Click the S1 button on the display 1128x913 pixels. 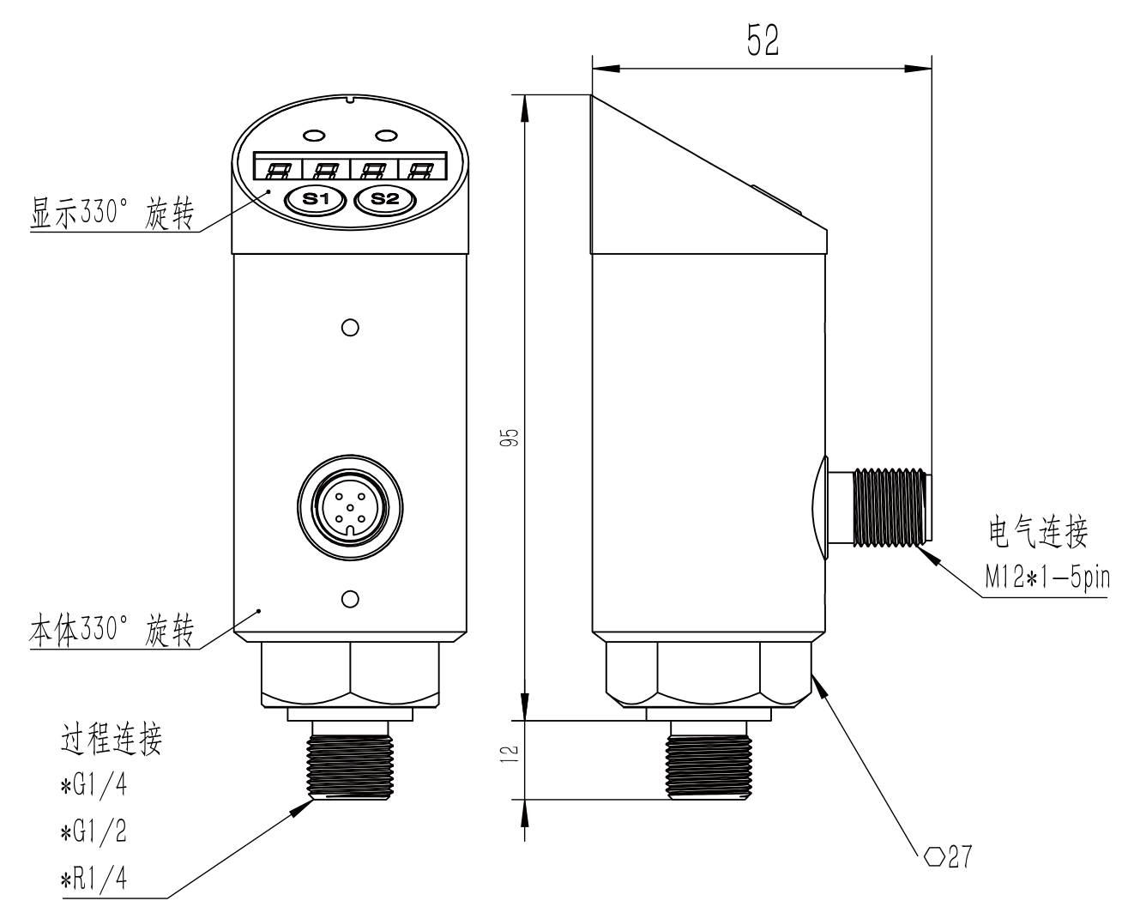click(317, 199)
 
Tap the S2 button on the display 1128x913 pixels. click(384, 199)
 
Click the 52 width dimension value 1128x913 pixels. click(762, 41)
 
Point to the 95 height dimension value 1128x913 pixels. click(512, 441)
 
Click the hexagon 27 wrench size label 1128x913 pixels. click(949, 856)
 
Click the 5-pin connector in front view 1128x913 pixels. click(349, 507)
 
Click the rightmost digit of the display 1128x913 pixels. click(420, 169)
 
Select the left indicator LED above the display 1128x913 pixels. click(313, 135)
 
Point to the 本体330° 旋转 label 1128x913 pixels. click(112, 632)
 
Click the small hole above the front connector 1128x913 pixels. click(349, 327)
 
